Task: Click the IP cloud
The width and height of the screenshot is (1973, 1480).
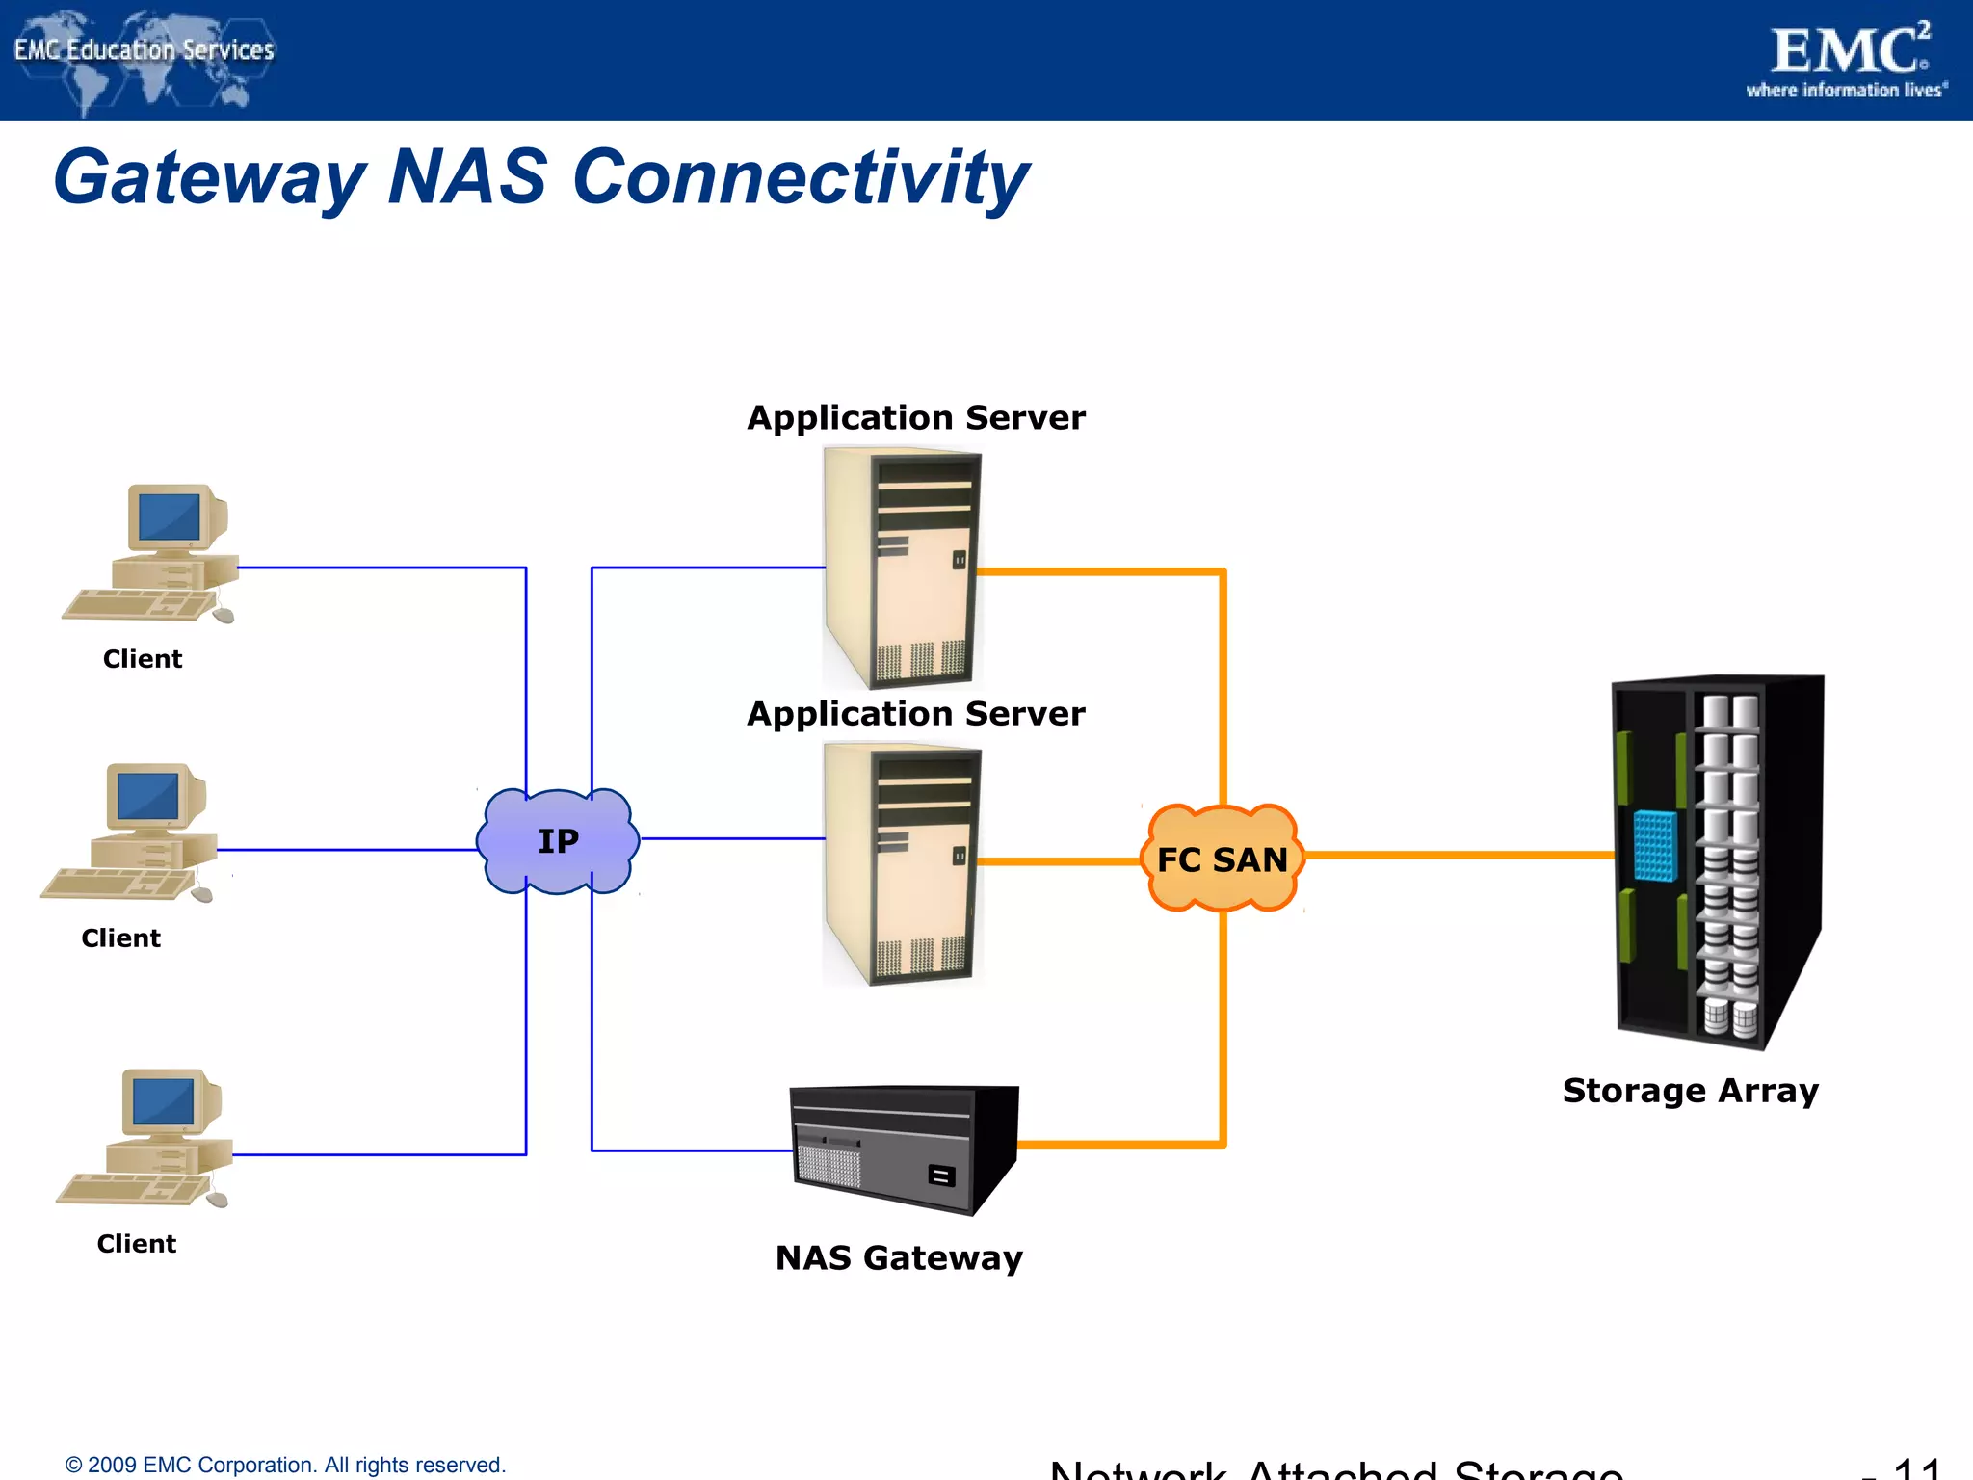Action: coord(558,841)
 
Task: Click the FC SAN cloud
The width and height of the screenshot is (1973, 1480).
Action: coord(1222,859)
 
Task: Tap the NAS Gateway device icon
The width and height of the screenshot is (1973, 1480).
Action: coord(903,1149)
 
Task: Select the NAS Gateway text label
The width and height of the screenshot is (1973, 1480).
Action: coord(899,1258)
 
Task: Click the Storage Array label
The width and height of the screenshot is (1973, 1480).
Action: coord(1690,1091)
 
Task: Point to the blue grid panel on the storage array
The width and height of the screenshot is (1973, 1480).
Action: coord(1655,845)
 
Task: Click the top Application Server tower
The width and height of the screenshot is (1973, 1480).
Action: coord(903,568)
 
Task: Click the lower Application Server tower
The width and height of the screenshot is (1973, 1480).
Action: coord(903,864)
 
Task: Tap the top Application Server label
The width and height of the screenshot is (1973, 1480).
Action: coord(915,418)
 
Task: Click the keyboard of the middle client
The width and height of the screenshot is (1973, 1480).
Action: coord(116,884)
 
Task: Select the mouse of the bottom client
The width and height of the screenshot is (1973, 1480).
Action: coord(218,1200)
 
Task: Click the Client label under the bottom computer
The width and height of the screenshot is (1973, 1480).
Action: coord(136,1244)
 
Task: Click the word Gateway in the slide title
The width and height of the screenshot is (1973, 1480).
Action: coord(209,178)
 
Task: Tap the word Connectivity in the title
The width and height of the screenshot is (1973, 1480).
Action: coord(800,178)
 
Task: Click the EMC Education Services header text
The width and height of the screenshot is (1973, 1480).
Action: coord(145,50)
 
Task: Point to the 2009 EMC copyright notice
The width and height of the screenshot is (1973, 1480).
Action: coord(285,1465)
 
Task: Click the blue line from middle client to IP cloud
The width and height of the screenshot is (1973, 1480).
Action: coord(347,850)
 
